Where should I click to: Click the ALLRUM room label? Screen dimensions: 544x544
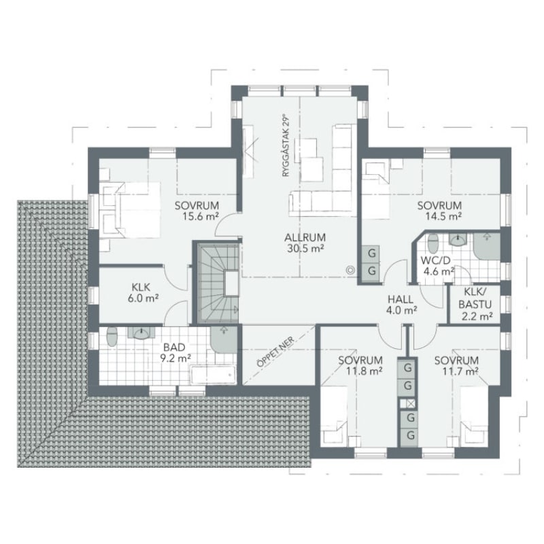(305, 237)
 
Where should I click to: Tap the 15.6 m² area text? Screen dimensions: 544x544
(201, 216)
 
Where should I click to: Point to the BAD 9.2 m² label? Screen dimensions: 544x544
(175, 352)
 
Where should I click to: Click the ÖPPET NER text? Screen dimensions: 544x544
(275, 352)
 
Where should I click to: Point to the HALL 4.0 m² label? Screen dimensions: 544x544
(401, 305)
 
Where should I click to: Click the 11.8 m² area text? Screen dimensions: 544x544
(364, 371)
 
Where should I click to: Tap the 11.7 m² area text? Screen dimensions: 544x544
(461, 371)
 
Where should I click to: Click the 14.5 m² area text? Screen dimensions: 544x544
(443, 216)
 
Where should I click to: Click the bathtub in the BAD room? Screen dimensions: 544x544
(213, 375)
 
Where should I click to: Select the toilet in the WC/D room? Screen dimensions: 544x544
(433, 243)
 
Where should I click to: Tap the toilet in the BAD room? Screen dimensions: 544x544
(112, 337)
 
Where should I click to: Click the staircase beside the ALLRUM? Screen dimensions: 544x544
(218, 283)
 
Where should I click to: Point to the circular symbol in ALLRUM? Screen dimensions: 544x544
(350, 270)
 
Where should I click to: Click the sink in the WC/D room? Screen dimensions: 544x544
(458, 239)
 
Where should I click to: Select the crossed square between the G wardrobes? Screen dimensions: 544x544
(407, 404)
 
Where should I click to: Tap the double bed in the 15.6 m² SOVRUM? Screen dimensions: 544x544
(132, 209)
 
